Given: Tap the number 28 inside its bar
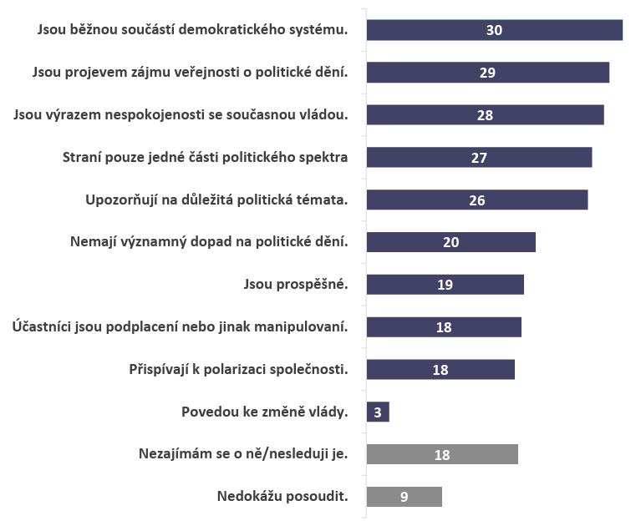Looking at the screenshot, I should (486, 115).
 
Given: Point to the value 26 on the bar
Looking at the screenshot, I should (476, 200).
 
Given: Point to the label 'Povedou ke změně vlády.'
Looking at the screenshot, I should (264, 412).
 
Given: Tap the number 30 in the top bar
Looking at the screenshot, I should (494, 30).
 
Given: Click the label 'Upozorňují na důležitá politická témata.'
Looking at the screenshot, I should (216, 200).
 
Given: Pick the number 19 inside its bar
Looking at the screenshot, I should (445, 285).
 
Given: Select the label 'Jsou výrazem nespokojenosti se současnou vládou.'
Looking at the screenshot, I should (181, 115).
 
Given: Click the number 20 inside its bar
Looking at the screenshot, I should (450, 242).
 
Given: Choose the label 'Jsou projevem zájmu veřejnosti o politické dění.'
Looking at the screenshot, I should (190, 72).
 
